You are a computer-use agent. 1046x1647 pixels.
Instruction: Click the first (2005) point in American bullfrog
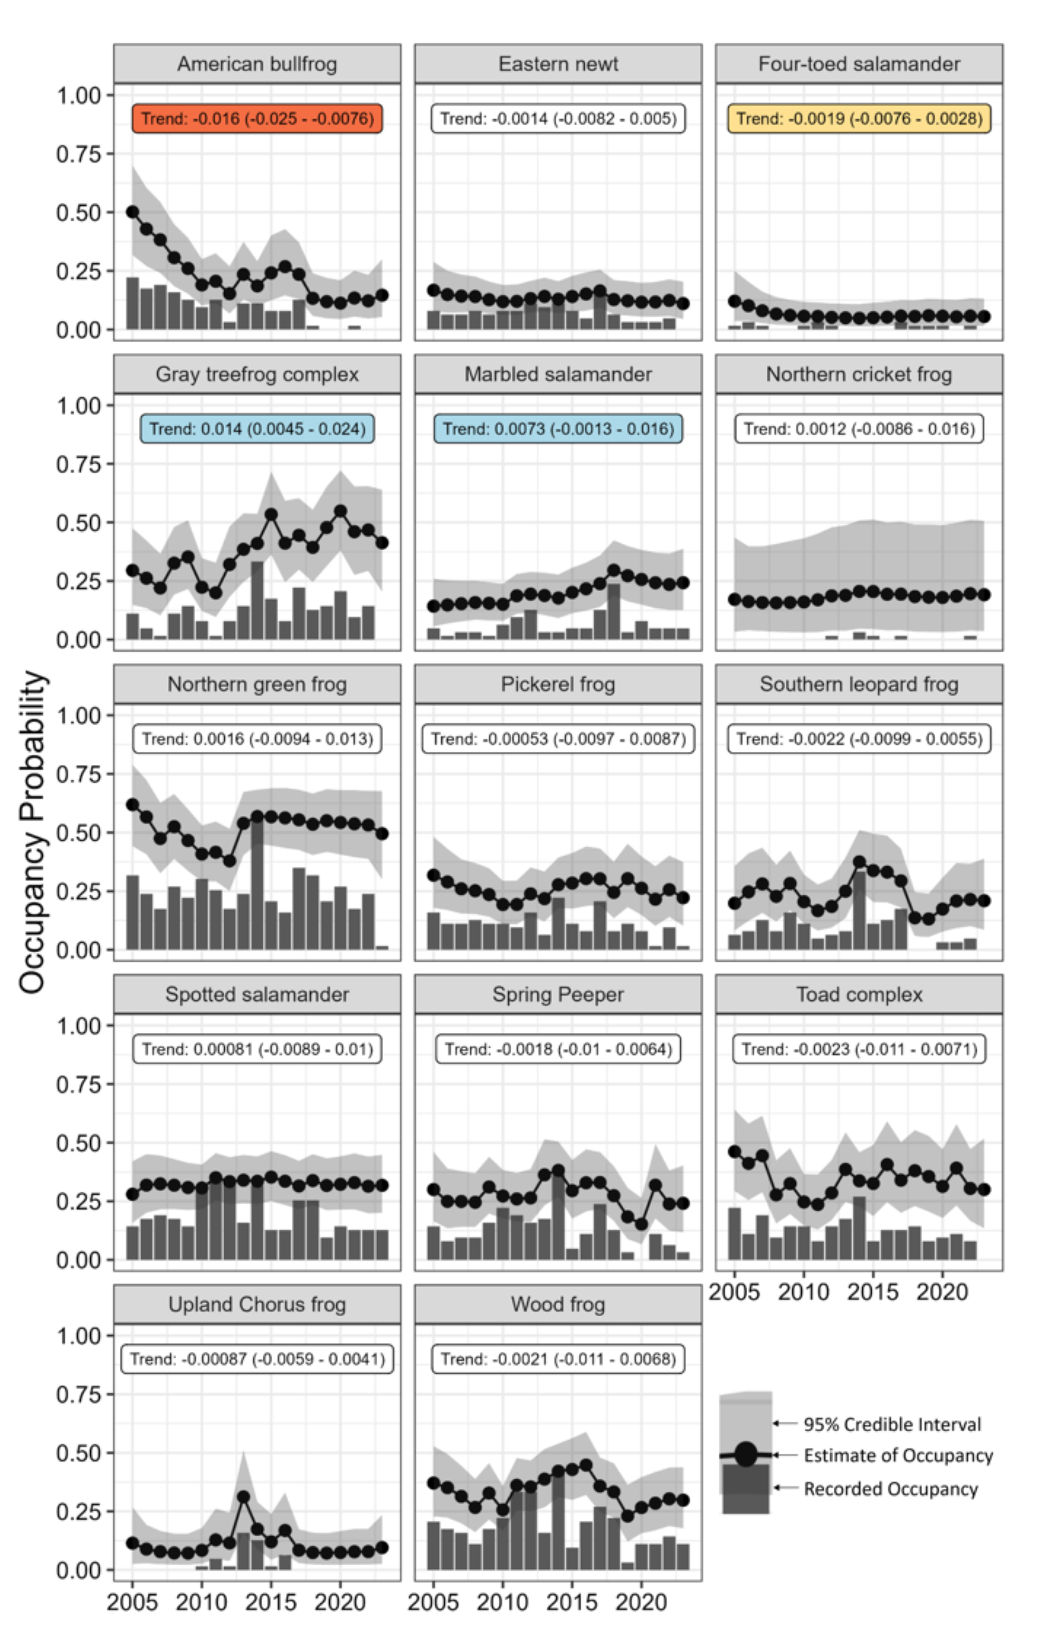click(x=133, y=212)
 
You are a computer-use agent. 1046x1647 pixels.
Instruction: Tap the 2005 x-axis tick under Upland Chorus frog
click(x=133, y=1602)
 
